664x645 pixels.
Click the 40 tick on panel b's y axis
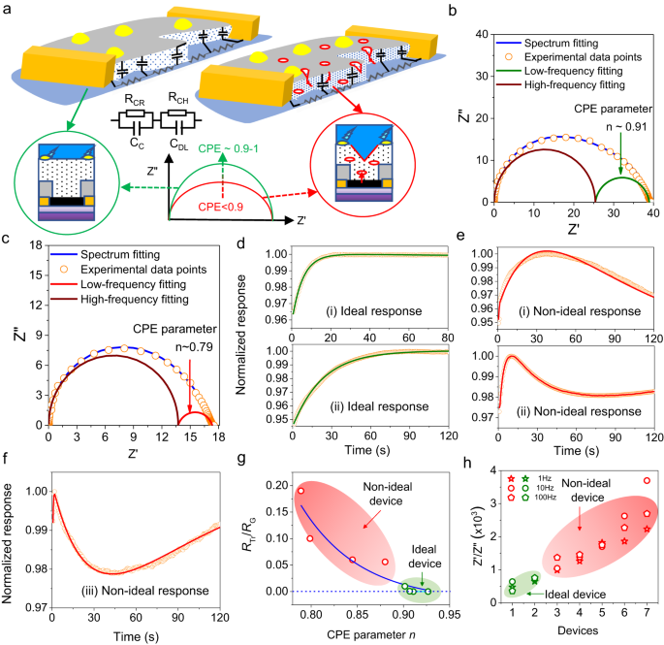[477, 36]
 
